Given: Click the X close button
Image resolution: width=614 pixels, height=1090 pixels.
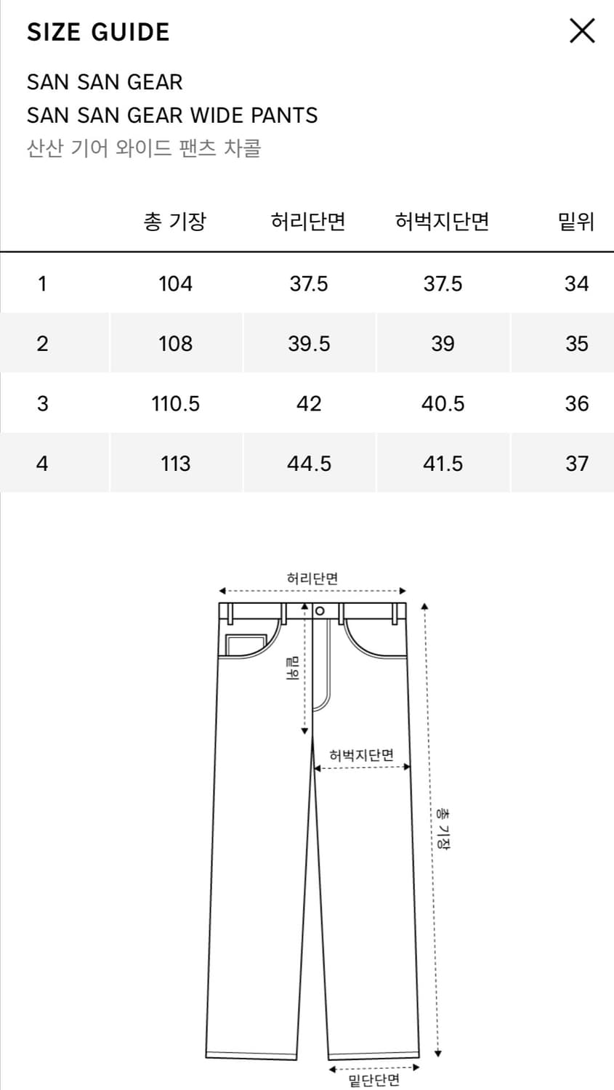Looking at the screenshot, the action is click(x=582, y=31).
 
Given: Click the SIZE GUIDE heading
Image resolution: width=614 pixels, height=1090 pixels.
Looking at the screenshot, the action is click(x=98, y=32).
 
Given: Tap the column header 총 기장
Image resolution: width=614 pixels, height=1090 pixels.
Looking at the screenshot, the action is click(x=175, y=222).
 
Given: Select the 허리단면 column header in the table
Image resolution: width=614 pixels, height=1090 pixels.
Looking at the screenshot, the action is click(x=309, y=222).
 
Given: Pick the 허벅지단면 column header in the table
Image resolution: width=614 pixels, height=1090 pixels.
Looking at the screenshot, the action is click(x=443, y=222).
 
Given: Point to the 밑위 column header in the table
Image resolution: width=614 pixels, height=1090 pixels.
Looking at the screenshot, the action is click(x=576, y=222).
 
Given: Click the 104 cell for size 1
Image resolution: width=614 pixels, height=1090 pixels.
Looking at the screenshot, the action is click(x=175, y=283).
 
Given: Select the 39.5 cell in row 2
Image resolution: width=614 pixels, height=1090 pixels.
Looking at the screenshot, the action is click(x=309, y=344).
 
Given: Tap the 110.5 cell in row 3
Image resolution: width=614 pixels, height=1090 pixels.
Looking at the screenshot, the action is click(x=175, y=403).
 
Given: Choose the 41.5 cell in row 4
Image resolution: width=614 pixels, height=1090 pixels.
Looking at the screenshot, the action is click(x=443, y=464).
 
